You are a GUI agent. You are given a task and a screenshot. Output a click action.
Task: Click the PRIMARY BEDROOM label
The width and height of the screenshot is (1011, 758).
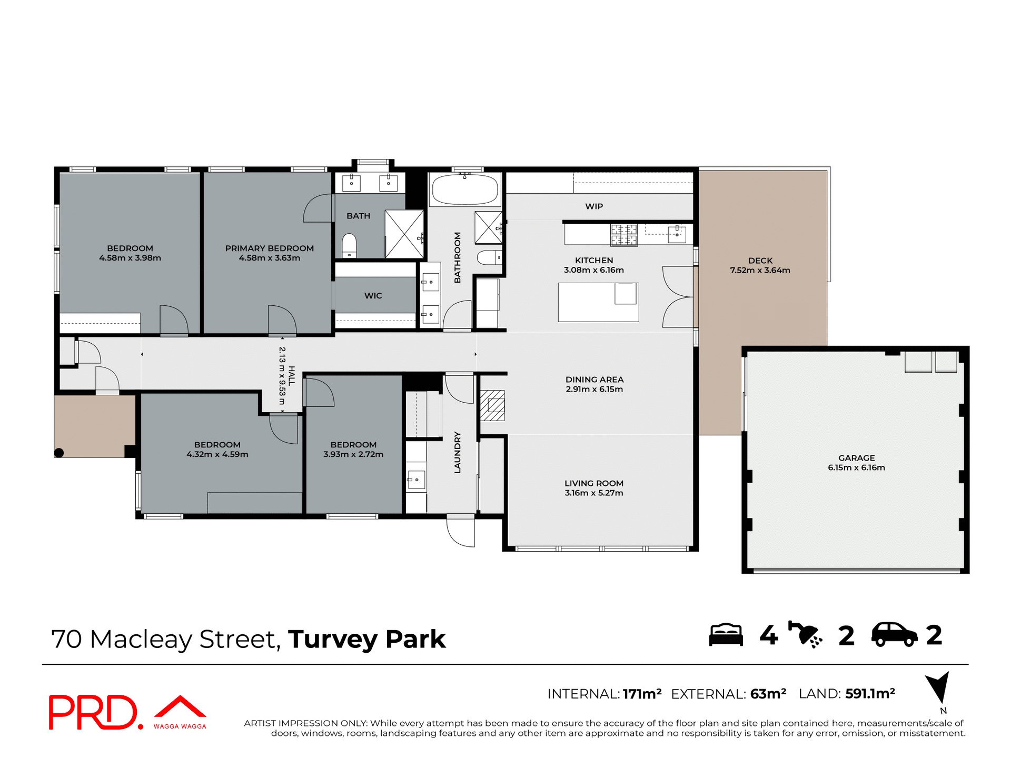coord(269,248)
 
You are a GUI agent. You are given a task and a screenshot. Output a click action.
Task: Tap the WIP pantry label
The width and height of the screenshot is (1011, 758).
coord(593,206)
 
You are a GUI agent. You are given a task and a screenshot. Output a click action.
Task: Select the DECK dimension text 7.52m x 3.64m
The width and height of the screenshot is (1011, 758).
coord(760,270)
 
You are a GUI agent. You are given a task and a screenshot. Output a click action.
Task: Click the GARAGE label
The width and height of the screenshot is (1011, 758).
coord(856,458)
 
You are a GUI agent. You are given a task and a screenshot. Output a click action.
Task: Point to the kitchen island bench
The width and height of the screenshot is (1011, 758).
coord(598,302)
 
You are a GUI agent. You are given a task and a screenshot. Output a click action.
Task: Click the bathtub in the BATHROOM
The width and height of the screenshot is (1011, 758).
coord(464,190)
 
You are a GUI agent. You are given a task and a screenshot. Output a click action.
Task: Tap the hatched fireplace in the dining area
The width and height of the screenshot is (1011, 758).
coord(492,405)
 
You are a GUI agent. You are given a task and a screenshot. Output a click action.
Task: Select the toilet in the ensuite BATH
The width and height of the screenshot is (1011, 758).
coord(349,245)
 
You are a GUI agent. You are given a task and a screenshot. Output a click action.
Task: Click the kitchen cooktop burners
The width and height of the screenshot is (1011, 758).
coord(624,235)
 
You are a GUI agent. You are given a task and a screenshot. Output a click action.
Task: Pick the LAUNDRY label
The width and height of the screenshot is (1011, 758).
coord(457,452)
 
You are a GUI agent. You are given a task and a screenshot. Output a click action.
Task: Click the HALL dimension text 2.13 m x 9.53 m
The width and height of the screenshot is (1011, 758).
coord(282,378)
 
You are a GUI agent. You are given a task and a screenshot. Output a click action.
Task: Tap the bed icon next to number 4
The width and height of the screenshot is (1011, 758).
coord(726,635)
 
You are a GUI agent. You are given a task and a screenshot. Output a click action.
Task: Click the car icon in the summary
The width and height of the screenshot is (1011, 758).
coord(894,635)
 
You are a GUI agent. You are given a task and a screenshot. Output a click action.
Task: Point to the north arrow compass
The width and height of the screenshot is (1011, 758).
coord(939,687)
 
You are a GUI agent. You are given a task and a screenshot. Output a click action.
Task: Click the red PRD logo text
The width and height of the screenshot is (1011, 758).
coord(94,712)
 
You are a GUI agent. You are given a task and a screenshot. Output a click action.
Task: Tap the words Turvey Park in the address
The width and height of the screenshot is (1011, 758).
coord(366,639)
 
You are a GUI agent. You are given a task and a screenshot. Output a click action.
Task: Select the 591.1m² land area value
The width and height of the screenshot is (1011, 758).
coord(870,694)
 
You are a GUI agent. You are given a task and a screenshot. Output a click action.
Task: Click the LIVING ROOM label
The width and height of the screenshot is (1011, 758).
coord(593,483)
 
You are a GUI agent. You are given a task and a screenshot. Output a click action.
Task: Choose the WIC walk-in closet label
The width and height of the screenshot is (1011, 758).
coord(373,296)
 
